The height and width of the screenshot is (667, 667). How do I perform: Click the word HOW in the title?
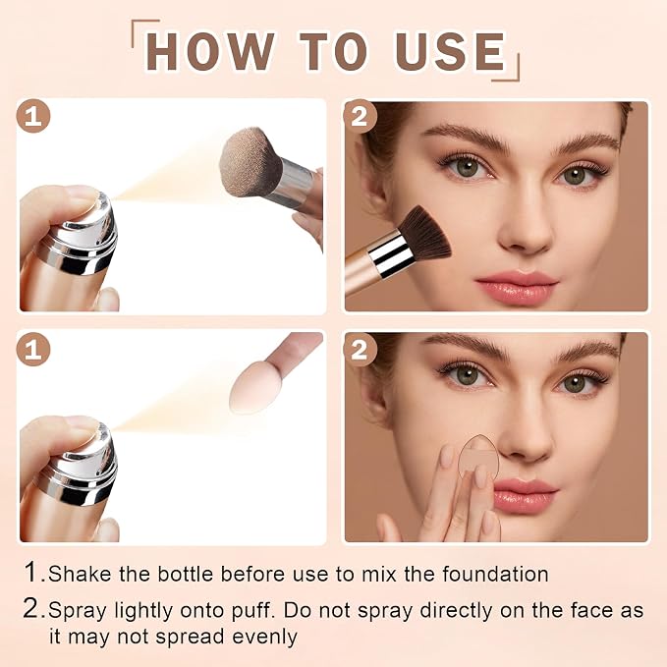209,51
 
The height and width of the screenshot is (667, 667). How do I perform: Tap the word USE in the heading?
450,51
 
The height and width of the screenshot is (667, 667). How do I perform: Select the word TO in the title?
333,51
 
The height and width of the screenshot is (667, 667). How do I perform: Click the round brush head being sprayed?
250,162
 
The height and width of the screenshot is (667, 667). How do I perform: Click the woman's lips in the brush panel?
516,285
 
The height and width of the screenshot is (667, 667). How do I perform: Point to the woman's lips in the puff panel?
525,495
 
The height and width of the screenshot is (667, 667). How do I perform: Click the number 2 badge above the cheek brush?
360,117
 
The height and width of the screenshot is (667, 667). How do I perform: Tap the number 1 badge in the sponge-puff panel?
33,350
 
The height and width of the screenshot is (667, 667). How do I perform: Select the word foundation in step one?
495,574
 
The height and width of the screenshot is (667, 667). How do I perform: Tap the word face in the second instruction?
592,610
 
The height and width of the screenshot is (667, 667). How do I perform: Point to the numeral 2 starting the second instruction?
31,609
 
